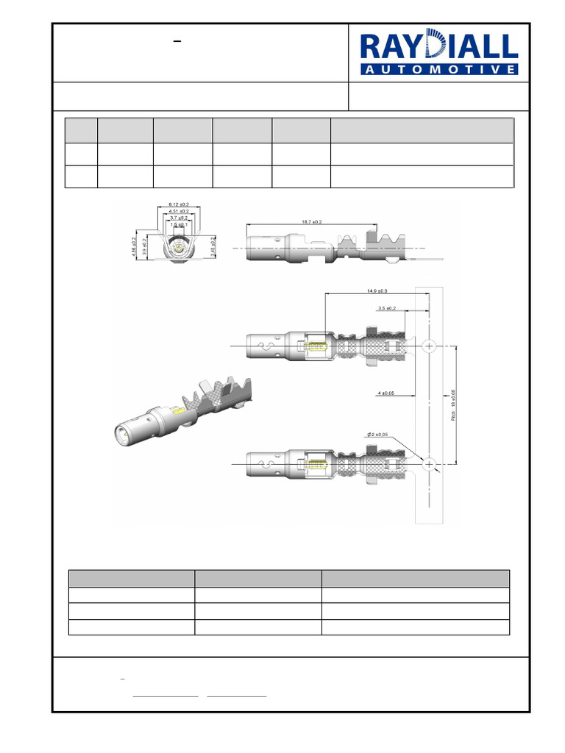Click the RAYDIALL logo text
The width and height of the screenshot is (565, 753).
tap(438, 47)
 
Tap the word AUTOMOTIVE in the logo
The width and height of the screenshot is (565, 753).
tap(439, 69)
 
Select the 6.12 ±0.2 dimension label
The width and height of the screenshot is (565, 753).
tap(179, 204)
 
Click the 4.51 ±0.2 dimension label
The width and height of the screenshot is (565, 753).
tap(179, 211)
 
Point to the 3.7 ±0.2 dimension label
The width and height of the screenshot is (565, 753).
tap(179, 218)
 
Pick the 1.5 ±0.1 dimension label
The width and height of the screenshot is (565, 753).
tap(179, 225)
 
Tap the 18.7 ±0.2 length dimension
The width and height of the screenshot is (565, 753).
tap(312, 221)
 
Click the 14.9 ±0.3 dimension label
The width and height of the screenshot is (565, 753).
tap(377, 291)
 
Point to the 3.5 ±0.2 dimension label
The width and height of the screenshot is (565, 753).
tap(387, 308)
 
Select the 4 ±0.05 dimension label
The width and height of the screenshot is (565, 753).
tap(385, 393)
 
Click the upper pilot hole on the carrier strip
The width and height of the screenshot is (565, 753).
tap(430, 346)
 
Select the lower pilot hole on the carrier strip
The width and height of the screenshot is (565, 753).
tap(430, 463)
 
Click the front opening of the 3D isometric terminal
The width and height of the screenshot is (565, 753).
tap(122, 433)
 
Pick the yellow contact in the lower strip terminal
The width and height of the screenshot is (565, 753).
tap(317, 463)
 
